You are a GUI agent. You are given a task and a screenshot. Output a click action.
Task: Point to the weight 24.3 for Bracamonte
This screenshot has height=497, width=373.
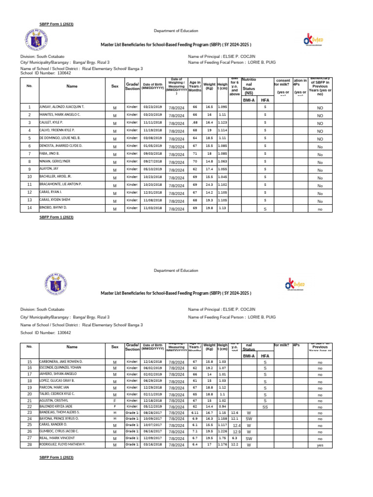pos(209,185)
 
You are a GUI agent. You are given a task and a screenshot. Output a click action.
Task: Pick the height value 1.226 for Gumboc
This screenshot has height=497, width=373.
pos(222,431)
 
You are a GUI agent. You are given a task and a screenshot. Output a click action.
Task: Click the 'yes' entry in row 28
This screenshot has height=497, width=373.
pos(320,445)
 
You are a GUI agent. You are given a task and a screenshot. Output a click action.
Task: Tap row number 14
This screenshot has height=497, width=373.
pos(29,208)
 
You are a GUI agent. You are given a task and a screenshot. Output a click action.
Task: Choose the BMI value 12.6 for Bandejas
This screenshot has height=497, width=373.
pos(235,412)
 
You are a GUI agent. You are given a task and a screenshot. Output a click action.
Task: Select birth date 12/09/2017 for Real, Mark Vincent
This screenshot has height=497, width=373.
pos(152,437)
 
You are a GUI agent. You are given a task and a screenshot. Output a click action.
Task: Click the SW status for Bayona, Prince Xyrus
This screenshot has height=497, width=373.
pos(249,418)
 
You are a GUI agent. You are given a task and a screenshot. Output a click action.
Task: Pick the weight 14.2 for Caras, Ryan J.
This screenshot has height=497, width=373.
pos(209,192)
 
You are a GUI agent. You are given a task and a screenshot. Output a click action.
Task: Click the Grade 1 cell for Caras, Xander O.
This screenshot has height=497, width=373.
pos(133,424)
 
